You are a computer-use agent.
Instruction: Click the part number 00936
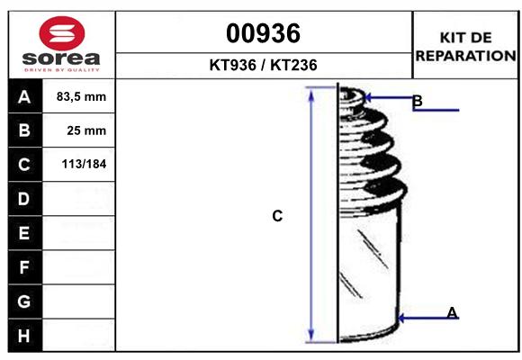point(263,33)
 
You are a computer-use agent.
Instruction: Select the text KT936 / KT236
point(263,66)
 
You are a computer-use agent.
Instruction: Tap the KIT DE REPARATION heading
point(465,46)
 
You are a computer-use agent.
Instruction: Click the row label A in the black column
point(24,96)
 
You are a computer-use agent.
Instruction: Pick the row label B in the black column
point(24,130)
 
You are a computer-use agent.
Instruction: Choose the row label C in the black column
point(24,165)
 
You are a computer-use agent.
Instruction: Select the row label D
point(24,199)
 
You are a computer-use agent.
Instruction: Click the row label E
point(24,233)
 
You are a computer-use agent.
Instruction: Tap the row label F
point(24,267)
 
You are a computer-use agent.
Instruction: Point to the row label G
point(24,301)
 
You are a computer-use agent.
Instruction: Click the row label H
point(24,335)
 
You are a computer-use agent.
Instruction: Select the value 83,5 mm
point(81,96)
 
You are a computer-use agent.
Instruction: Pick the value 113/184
point(82,165)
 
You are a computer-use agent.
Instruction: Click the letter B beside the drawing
point(417,101)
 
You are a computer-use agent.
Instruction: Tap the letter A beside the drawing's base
point(452,312)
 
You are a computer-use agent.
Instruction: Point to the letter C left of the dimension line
point(277,216)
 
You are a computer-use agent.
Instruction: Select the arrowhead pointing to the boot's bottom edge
point(401,317)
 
